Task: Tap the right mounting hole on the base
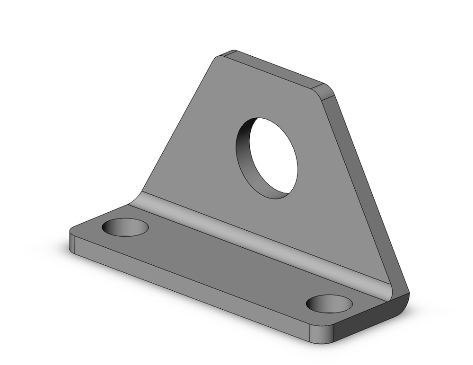329,303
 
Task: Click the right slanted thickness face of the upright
364,189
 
